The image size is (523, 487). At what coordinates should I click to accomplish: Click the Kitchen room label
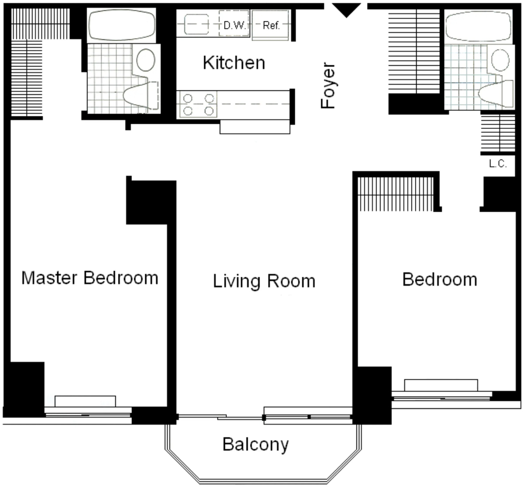234,63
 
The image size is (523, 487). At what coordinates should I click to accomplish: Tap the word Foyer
327,85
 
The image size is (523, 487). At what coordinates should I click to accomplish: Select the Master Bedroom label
90,277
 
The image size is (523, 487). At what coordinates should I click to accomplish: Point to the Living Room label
264,281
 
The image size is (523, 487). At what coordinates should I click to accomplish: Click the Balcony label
255,444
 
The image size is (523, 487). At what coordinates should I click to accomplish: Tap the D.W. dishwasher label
234,25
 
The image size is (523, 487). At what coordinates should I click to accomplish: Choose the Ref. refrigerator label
271,26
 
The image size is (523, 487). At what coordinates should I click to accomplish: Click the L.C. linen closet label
497,164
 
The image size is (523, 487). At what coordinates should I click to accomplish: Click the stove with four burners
199,104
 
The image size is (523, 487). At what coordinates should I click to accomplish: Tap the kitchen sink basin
197,24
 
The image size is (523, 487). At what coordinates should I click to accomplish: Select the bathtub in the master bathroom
122,25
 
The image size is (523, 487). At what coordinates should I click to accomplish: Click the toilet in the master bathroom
141,96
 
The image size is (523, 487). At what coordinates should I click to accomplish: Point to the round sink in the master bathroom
146,60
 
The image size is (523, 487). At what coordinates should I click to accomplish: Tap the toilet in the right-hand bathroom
496,94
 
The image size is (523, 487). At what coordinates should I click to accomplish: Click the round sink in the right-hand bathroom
501,60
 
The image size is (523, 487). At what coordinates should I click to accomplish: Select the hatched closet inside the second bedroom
396,194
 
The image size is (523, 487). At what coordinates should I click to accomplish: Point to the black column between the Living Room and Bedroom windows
372,396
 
